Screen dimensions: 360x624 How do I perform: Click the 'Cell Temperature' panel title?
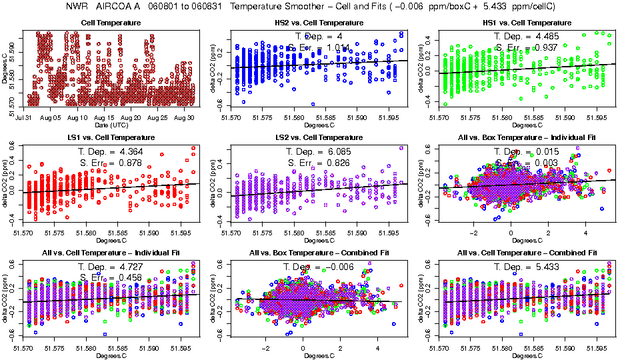point(111,23)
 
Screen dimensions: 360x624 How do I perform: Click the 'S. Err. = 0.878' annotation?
point(111,163)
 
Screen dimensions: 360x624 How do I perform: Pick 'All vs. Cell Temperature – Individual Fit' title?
point(111,254)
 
